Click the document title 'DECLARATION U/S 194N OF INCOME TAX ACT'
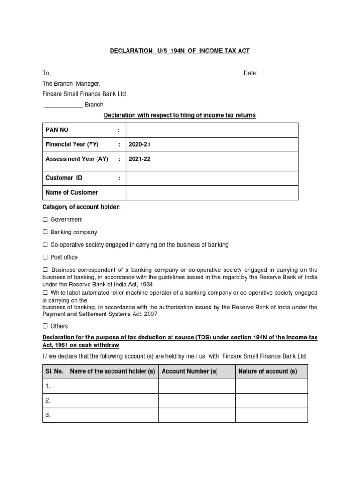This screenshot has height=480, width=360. point(180,51)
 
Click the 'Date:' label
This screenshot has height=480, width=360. point(250,73)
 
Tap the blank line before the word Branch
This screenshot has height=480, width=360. point(63,105)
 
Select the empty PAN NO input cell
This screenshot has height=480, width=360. point(211,130)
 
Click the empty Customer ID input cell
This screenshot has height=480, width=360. point(211,178)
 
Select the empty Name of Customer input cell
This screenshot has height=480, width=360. point(211,192)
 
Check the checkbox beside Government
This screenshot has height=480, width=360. point(45,219)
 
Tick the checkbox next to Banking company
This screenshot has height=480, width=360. point(45,232)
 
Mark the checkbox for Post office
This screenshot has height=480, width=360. point(45,257)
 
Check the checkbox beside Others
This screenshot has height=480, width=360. point(45,326)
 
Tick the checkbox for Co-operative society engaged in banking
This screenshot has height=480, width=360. point(45,245)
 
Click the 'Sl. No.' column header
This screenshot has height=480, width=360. point(54,371)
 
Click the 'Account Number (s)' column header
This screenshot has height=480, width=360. point(190,371)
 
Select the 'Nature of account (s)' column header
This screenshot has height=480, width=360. point(268,371)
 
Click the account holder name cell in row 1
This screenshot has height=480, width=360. point(112,386)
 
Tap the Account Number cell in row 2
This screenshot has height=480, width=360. point(197,401)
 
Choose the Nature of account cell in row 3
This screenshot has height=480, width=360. point(271,415)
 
